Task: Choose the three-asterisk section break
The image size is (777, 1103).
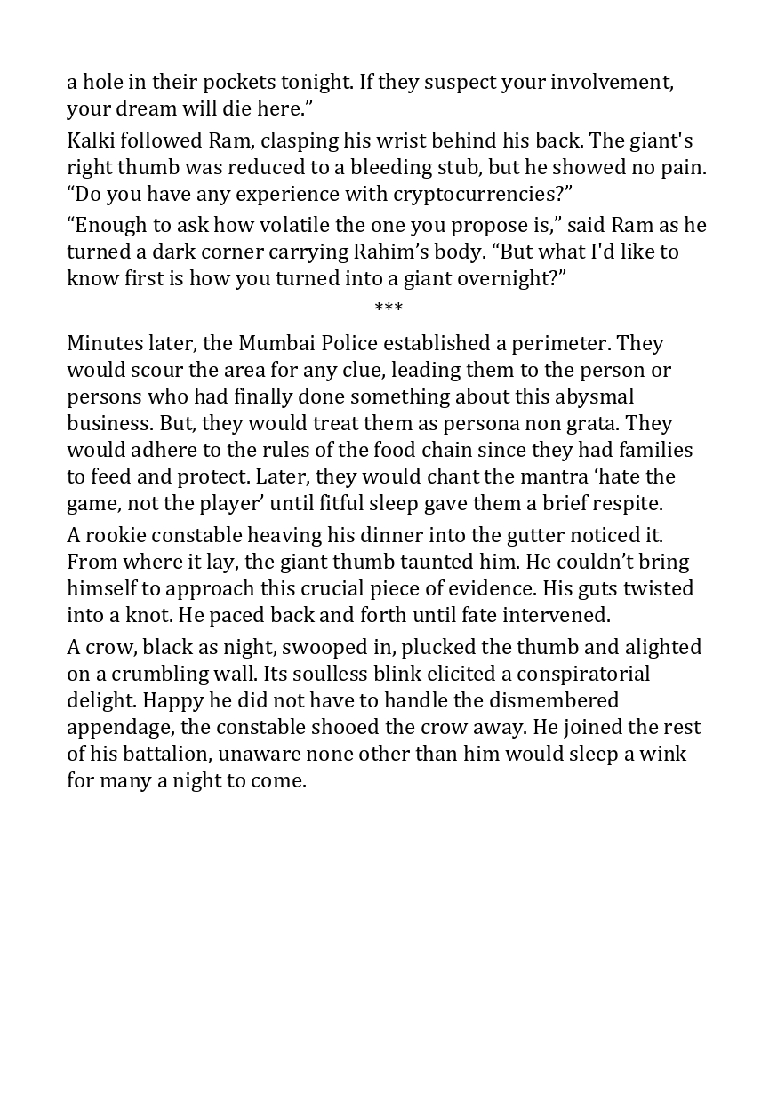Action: [x=388, y=308]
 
